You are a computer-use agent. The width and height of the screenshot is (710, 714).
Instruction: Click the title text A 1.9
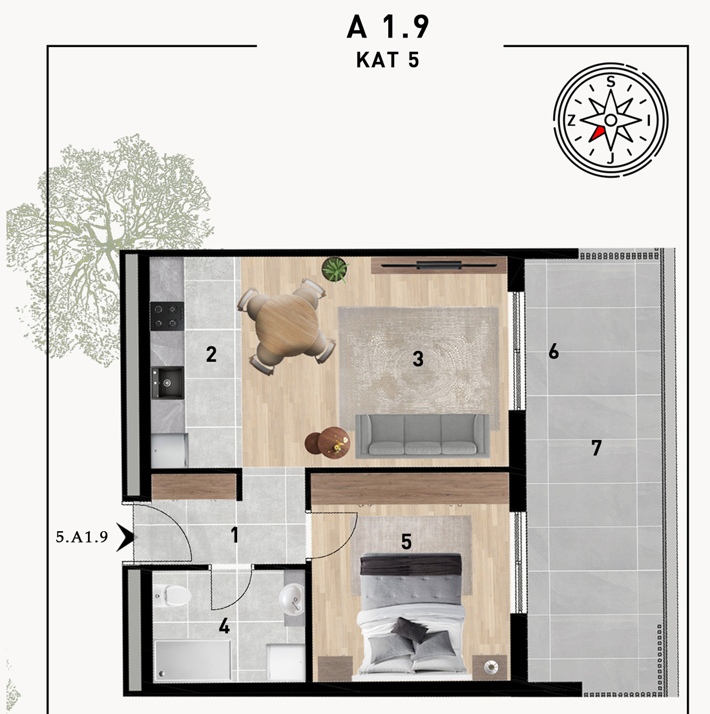[x=388, y=27]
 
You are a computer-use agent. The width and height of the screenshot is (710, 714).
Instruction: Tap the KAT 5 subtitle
[x=388, y=60]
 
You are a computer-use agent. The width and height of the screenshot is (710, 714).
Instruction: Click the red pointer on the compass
[x=596, y=134]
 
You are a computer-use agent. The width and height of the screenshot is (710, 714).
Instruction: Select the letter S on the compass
[x=611, y=81]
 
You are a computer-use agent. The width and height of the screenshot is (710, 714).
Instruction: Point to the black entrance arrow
[x=126, y=537]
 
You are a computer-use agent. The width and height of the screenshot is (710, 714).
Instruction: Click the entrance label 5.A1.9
[x=82, y=537]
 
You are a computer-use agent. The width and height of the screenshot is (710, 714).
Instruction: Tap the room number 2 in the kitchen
[x=211, y=354]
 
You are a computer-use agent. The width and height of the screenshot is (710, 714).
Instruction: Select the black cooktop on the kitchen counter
[x=167, y=316]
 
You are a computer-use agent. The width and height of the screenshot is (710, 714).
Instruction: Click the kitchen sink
[x=167, y=383]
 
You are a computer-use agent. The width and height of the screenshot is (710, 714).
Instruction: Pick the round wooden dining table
[x=286, y=325]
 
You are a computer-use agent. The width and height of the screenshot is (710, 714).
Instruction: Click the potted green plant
[x=335, y=269]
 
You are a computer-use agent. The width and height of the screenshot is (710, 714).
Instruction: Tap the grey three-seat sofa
[x=422, y=436]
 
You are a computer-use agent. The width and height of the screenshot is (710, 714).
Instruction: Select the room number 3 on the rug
[x=418, y=359]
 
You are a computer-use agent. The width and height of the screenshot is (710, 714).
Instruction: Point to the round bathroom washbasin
[x=291, y=598]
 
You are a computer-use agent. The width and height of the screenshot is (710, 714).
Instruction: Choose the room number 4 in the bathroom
[x=224, y=627]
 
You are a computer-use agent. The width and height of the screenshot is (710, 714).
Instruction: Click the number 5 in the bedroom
[x=406, y=542]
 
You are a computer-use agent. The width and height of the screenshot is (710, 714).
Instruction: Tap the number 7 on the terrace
[x=596, y=448]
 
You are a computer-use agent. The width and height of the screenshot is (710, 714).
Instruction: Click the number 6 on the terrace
[x=554, y=351]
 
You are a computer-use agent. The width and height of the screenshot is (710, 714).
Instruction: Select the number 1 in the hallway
[x=235, y=535]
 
